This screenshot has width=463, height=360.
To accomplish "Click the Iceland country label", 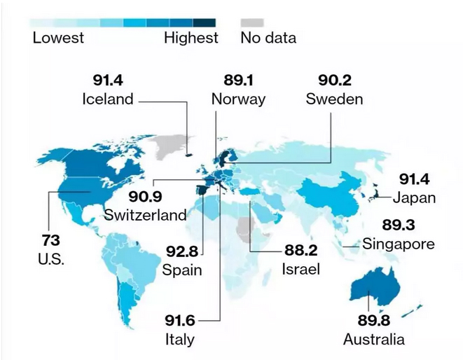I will (108, 99).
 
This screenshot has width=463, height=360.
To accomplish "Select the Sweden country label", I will (334, 99).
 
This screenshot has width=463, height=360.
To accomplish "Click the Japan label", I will (414, 198).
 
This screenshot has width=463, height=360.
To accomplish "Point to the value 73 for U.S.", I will (50, 240).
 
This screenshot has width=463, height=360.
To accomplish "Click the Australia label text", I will (374, 340).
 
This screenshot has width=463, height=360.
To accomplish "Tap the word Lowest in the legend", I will (58, 37).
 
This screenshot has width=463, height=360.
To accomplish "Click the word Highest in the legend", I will (191, 37).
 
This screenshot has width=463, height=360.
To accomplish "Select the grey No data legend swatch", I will (253, 22).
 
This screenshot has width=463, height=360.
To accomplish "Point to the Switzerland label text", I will (145, 214).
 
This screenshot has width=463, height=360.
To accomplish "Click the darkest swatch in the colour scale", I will (205, 22).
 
